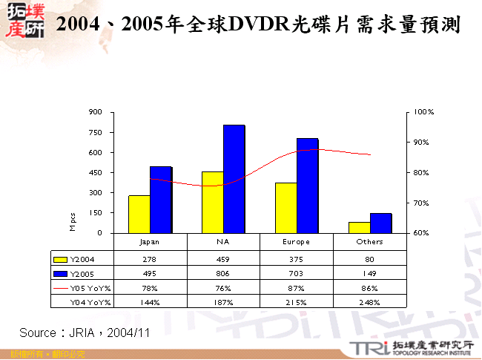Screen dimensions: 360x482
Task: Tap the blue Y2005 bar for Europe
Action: (308, 186)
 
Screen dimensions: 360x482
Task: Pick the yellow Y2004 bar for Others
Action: (359, 227)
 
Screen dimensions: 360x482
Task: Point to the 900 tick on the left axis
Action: (96, 112)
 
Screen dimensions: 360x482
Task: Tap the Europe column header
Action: (297, 242)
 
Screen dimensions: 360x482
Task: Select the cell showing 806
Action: (223, 274)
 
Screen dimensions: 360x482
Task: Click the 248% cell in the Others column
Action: (369, 302)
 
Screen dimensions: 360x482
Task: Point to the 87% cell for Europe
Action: (297, 288)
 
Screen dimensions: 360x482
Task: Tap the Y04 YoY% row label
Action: (90, 302)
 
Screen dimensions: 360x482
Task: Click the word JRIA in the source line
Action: (82, 333)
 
